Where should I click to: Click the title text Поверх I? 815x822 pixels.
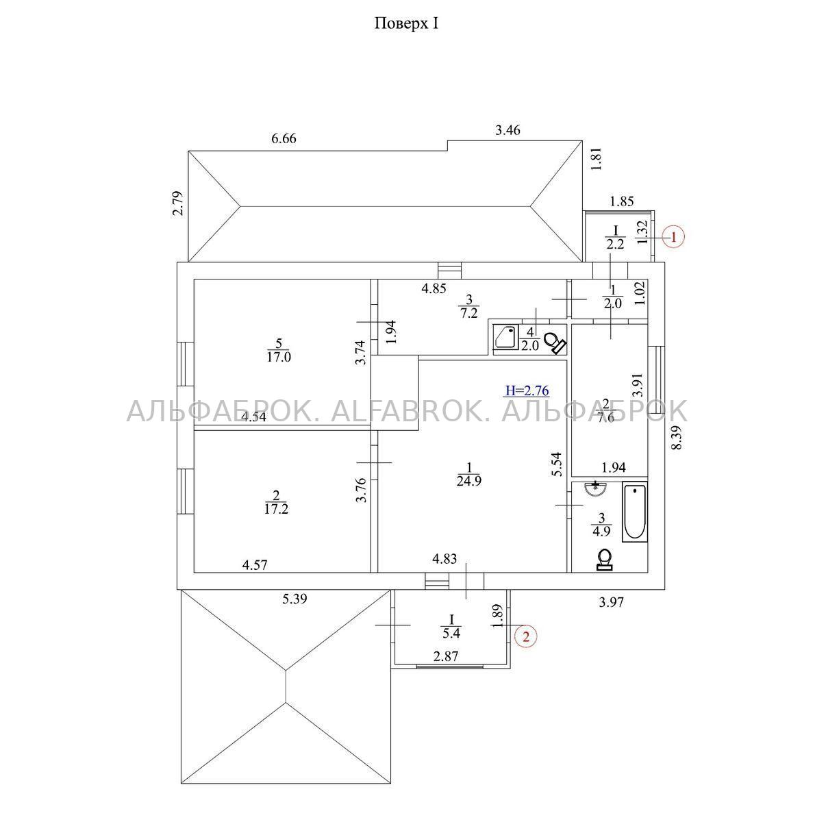tap(406, 23)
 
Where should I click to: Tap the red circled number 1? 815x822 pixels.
tap(673, 237)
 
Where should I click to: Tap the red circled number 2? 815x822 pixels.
tap(525, 637)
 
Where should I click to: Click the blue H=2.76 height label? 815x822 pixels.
tap(527, 390)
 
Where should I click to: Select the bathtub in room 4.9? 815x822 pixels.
tap(634, 512)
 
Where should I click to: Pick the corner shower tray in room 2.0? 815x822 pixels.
tap(505, 337)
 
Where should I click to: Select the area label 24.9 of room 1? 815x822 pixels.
tap(469, 481)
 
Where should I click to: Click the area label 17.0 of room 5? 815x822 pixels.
tap(279, 357)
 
